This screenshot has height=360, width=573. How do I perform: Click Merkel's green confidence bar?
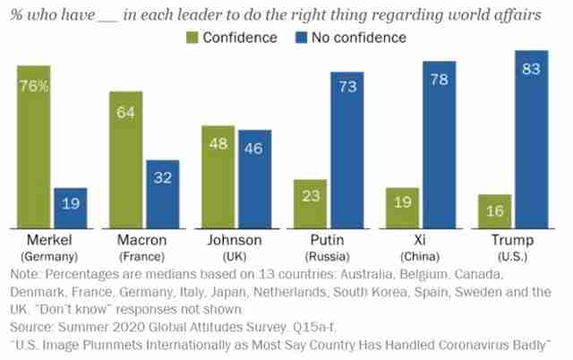34,147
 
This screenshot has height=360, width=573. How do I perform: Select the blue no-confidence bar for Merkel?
71,209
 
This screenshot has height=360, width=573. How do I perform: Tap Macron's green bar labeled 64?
126,160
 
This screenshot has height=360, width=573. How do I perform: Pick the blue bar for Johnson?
254,179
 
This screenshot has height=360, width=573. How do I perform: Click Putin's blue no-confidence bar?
347,150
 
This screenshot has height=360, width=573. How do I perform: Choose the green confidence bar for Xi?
402,209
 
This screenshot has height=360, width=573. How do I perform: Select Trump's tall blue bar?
532,140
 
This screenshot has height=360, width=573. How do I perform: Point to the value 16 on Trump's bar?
495,210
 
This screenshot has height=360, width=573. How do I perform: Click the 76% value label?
34,86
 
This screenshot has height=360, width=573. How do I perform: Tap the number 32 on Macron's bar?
163,178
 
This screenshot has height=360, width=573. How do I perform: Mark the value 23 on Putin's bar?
311,196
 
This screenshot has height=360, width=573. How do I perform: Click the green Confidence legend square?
192,38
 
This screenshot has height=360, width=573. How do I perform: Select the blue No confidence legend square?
301,38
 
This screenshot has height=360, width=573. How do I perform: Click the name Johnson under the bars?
235,240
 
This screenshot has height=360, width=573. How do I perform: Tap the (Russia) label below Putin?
327,257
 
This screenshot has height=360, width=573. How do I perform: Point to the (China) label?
420,257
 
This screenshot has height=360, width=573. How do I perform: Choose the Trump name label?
513,240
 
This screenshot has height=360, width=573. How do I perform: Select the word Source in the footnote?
32,327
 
